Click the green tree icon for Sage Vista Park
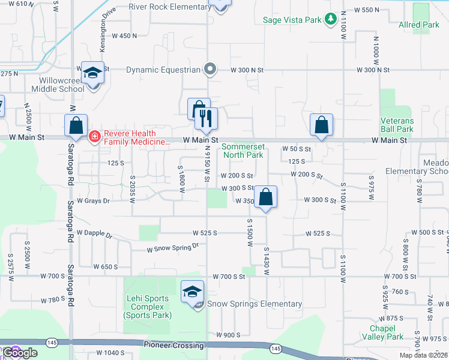(x=330, y=20)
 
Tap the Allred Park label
(x=419, y=25)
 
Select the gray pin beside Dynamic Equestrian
(x=209, y=70)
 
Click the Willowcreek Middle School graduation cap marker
(x=93, y=73)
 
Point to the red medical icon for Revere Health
(x=94, y=137)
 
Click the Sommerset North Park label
(x=243, y=151)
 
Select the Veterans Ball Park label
(x=397, y=125)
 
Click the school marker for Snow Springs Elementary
(x=193, y=293)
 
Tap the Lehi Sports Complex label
(x=148, y=306)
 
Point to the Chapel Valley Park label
(x=387, y=332)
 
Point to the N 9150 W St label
(x=206, y=163)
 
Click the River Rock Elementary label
(x=169, y=7)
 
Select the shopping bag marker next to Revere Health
(x=76, y=126)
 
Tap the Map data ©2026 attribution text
(x=424, y=355)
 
